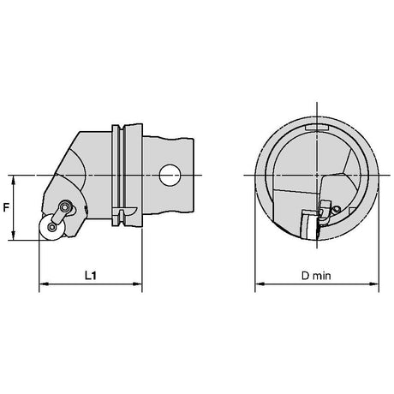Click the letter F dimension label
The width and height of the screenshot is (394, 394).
[x=6, y=207]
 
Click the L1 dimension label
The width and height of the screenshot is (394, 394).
[x=91, y=275]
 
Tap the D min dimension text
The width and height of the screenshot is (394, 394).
[x=316, y=276]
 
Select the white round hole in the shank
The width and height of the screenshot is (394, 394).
[x=170, y=176]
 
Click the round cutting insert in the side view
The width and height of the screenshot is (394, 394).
[x=52, y=227]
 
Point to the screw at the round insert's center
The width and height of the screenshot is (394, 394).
[x=52, y=227]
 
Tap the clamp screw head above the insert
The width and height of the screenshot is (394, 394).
[x=66, y=206]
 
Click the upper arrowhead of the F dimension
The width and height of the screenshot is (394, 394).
[x=13, y=180]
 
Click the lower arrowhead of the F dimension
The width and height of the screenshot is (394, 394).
[x=13, y=236]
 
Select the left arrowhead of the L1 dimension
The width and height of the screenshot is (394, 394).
[x=44, y=284]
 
